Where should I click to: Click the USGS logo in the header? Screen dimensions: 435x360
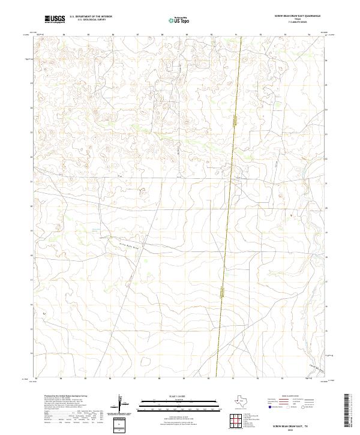[x=55, y=19]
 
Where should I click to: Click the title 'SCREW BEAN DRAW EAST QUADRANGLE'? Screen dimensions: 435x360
[x=298, y=16]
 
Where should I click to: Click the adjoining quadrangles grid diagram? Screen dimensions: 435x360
[x=238, y=421]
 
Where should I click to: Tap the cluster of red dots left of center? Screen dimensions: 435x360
[x=143, y=191]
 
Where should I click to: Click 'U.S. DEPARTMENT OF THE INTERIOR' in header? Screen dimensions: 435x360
[x=91, y=16]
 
